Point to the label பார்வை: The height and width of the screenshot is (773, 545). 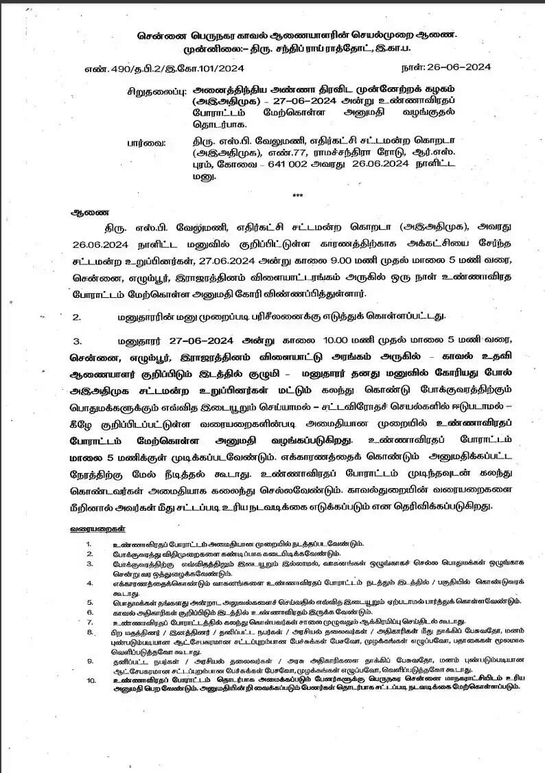click(x=146, y=143)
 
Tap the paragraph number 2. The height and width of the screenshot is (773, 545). click(x=78, y=316)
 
